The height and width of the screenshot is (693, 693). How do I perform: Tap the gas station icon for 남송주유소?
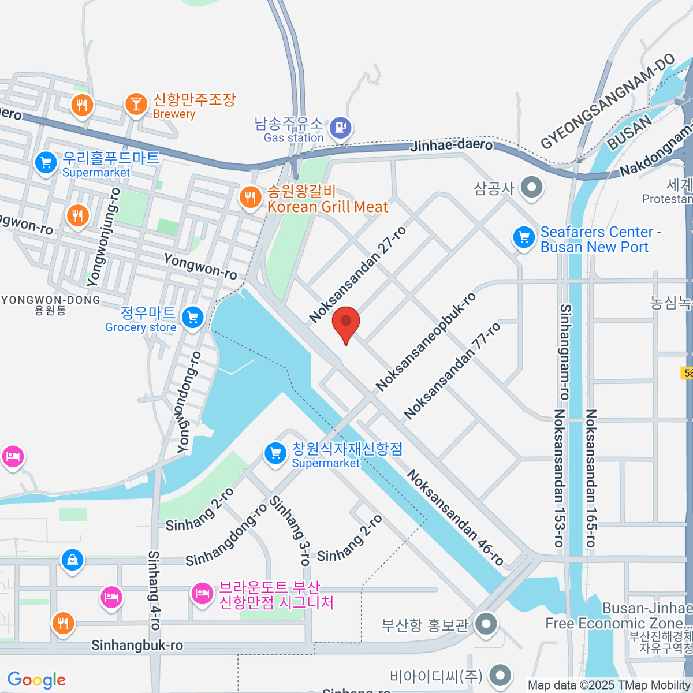click(x=341, y=127)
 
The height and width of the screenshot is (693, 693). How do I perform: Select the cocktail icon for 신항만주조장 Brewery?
click(x=136, y=104)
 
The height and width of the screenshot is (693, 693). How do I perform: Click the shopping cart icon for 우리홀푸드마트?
click(x=46, y=162)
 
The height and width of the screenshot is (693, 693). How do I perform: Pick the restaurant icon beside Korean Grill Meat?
click(x=250, y=198)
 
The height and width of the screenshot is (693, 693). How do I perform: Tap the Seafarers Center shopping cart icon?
click(x=524, y=237)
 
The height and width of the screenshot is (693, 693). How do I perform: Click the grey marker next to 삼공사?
click(x=531, y=187)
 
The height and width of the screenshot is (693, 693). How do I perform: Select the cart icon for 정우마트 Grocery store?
click(x=192, y=317)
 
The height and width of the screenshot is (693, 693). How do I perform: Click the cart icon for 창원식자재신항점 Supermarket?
click(x=275, y=453)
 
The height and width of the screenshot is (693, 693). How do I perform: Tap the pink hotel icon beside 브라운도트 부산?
click(x=202, y=593)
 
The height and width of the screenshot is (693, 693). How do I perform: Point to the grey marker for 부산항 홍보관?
click(x=486, y=624)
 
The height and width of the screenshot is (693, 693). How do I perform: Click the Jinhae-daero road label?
click(x=451, y=145)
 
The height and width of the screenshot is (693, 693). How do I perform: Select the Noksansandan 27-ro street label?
click(x=358, y=274)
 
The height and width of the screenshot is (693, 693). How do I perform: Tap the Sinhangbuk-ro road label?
click(x=137, y=645)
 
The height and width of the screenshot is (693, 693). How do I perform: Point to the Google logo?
click(x=36, y=680)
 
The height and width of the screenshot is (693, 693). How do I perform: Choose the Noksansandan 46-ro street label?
click(x=456, y=517)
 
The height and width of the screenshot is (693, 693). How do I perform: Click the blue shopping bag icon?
click(x=72, y=560)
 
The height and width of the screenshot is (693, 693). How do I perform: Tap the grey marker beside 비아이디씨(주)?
click(x=500, y=675)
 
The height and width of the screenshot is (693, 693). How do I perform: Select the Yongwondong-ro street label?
click(x=189, y=402)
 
